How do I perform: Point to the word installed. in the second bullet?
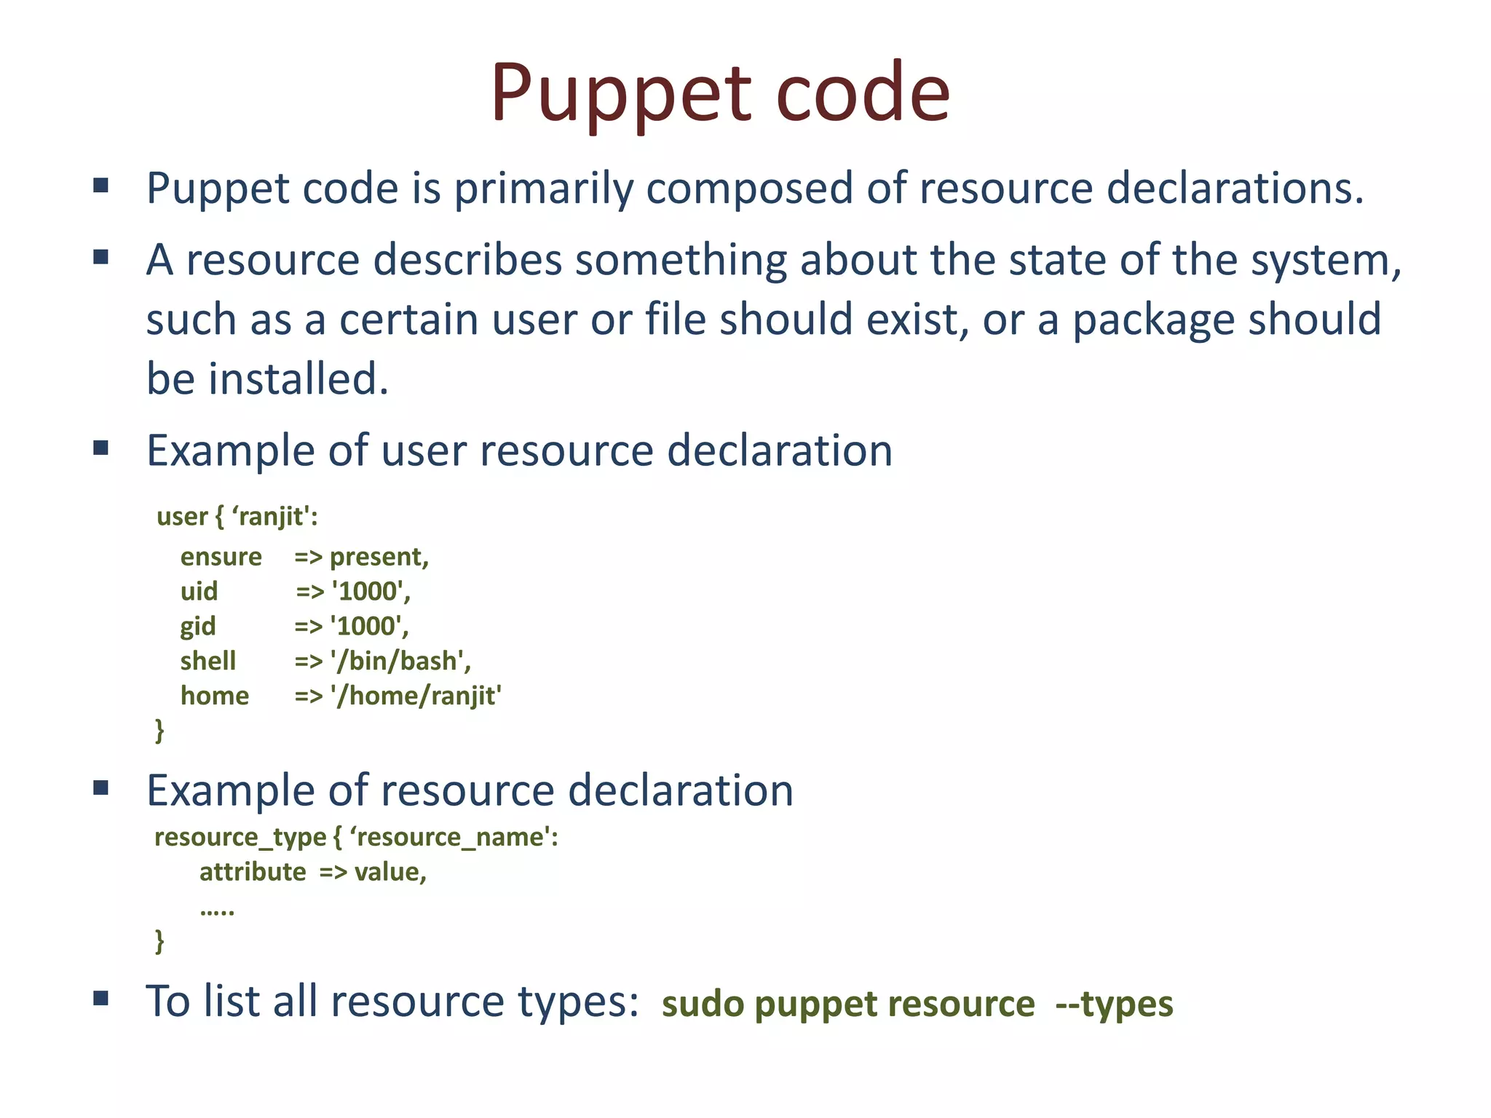click(x=298, y=379)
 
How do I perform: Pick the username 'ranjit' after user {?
click(x=274, y=516)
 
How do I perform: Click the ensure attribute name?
click(x=221, y=557)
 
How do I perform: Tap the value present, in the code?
click(x=379, y=557)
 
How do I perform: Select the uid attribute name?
click(x=199, y=591)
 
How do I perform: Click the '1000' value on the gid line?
click(x=369, y=626)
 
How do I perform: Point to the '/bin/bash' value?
click(x=400, y=661)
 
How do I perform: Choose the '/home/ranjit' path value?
click(x=416, y=696)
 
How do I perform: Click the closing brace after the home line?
click(x=159, y=729)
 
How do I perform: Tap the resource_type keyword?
click(x=240, y=837)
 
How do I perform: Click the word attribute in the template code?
click(x=253, y=872)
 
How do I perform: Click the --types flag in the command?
click(x=1114, y=1004)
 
